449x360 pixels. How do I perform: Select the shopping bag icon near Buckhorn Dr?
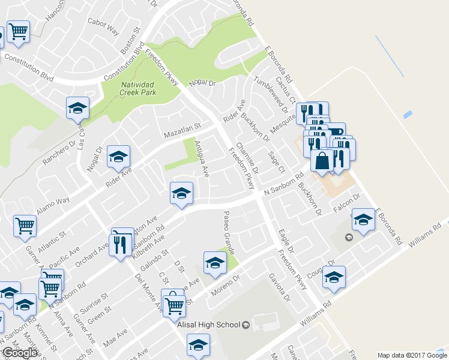coord(322,161)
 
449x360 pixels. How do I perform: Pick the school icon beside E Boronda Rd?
coord(363,220)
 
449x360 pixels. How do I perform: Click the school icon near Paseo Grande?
coord(214,262)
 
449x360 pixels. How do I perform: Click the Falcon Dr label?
coord(346,202)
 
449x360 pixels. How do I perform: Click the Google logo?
coord(20,353)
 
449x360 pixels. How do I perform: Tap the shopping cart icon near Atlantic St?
coord(25,226)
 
